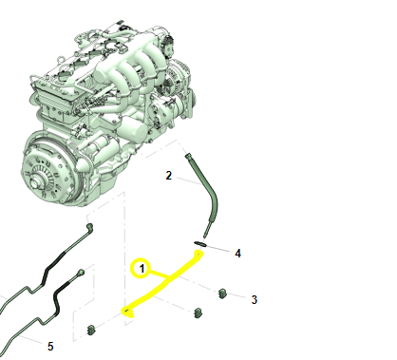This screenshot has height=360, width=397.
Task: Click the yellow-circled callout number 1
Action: pyautogui.click(x=142, y=269)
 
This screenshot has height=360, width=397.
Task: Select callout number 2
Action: pyautogui.click(x=169, y=176)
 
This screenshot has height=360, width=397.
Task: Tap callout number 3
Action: pyautogui.click(x=254, y=299)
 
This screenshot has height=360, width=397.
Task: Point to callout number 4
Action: pyautogui.click(x=237, y=254)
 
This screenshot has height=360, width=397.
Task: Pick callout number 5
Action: pyautogui.click(x=50, y=347)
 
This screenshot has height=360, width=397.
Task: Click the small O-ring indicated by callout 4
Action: pyautogui.click(x=200, y=243)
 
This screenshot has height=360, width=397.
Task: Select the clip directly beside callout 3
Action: pyautogui.click(x=222, y=294)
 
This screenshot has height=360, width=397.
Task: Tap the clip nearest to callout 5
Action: pyautogui.click(x=91, y=330)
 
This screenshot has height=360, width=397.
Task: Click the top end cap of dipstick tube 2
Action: pyautogui.click(x=188, y=155)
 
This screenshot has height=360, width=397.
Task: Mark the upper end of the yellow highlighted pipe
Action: pyautogui.click(x=198, y=254)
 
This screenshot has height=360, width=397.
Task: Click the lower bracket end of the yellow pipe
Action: pyautogui.click(x=127, y=312)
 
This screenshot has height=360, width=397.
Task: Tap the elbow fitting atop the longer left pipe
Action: pyautogui.click(x=90, y=227)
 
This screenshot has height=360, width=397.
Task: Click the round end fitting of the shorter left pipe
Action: pyautogui.click(x=81, y=272)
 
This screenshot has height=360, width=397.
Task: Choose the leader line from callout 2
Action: pyautogui.click(x=188, y=181)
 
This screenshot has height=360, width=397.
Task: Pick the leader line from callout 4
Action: pyautogui.click(x=217, y=249)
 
